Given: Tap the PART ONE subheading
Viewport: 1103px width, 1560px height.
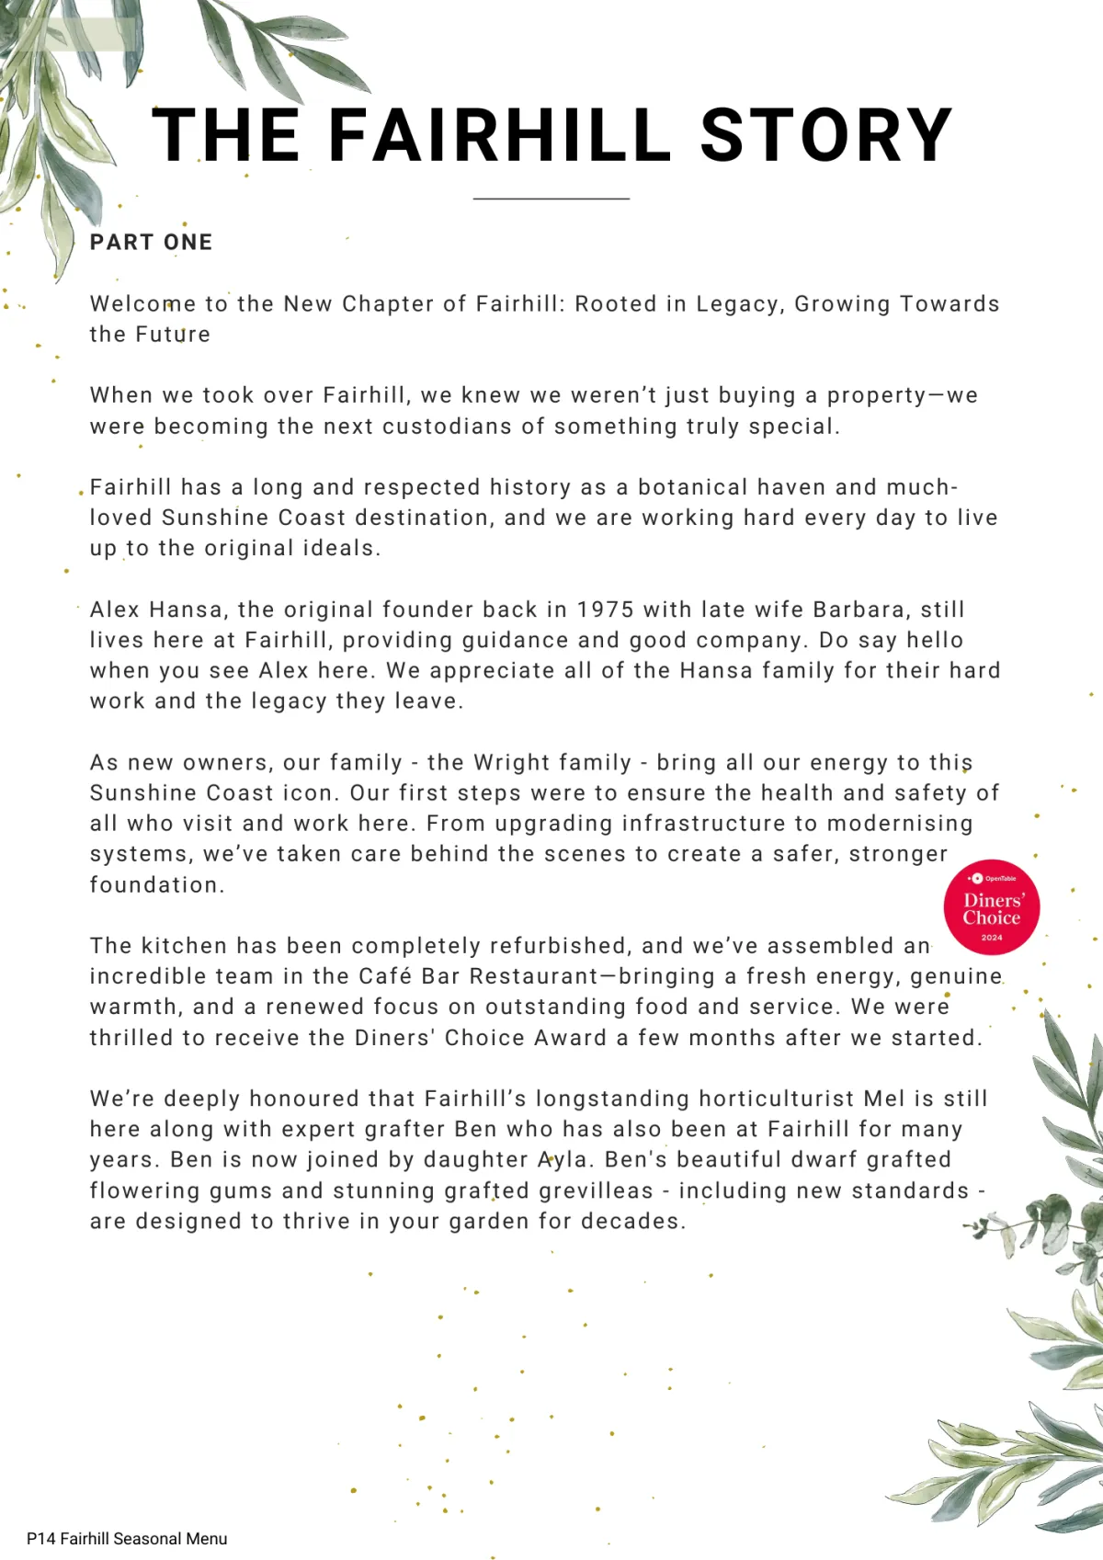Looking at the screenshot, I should [152, 243].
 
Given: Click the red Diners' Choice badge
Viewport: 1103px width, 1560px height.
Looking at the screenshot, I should [992, 907].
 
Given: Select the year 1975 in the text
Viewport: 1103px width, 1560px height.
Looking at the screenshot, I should [606, 609].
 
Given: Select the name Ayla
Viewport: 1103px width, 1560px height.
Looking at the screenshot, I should [563, 1160].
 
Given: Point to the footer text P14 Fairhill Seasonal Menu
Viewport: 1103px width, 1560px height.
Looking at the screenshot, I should [127, 1539].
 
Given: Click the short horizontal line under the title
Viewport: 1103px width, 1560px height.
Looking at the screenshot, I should [551, 199].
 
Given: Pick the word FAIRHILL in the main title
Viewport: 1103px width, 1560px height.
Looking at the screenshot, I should [500, 136].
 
